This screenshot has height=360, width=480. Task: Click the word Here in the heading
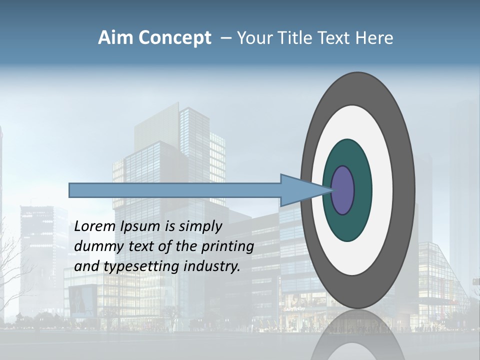374,38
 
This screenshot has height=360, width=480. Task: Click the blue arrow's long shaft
175,190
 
